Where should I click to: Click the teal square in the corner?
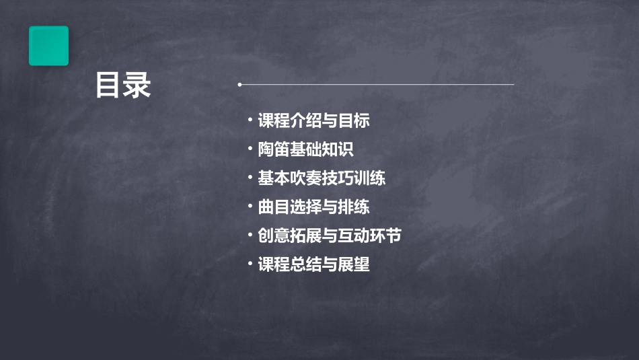pyautogui.click(x=48, y=46)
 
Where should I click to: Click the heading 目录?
pyautogui.click(x=123, y=85)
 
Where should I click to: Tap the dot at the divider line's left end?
pyautogui.click(x=239, y=85)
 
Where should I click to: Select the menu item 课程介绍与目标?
pyautogui.click(x=313, y=121)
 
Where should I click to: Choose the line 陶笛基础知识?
pyautogui.click(x=305, y=149)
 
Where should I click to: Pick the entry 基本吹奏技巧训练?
pyautogui.click(x=322, y=178)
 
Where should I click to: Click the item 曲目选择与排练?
pyautogui.click(x=313, y=207)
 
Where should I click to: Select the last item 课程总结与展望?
pyautogui.click(x=313, y=264)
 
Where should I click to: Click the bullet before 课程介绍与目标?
pyautogui.click(x=250, y=120)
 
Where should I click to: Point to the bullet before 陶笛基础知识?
pyautogui.click(x=250, y=149)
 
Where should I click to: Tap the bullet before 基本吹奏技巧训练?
pyautogui.click(x=250, y=178)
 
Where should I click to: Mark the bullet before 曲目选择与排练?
pyautogui.click(x=250, y=206)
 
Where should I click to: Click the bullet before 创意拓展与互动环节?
pyautogui.click(x=250, y=235)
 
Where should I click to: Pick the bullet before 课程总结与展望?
pyautogui.click(x=250, y=263)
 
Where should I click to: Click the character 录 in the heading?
pyautogui.click(x=137, y=85)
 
